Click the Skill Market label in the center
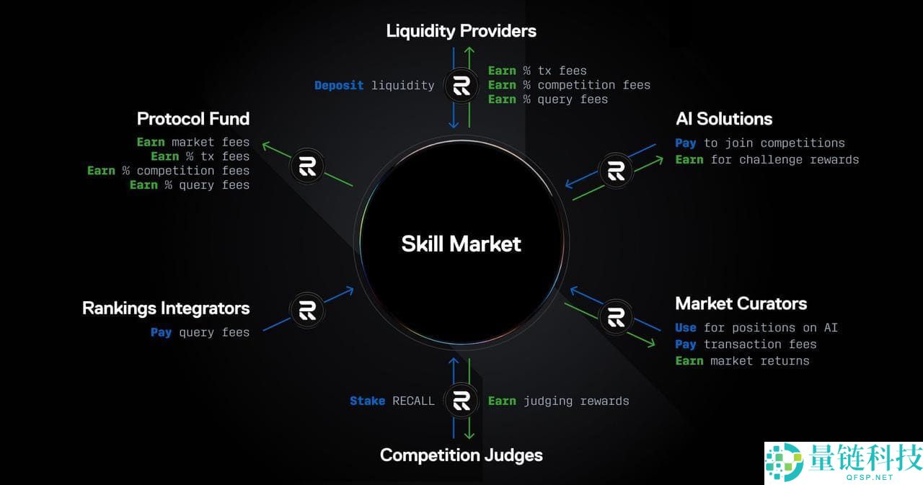click(x=461, y=244)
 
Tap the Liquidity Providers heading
click(x=461, y=31)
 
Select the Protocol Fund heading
click(x=193, y=119)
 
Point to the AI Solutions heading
click(x=724, y=119)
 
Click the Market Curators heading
click(x=741, y=303)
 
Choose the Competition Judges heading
click(x=461, y=455)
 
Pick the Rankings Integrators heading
click(x=166, y=308)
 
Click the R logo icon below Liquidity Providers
click(x=461, y=87)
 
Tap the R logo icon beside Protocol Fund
click(x=307, y=167)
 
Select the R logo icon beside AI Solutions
click(x=616, y=171)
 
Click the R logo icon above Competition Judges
click(x=461, y=401)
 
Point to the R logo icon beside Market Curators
click(x=616, y=317)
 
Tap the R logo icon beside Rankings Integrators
click(x=307, y=310)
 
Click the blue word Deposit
click(x=339, y=86)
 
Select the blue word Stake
click(x=367, y=401)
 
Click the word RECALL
click(x=413, y=401)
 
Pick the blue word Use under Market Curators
click(x=686, y=328)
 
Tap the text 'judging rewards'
click(x=575, y=401)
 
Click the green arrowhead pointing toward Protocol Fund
click(x=265, y=145)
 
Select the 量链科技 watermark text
click(x=865, y=457)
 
